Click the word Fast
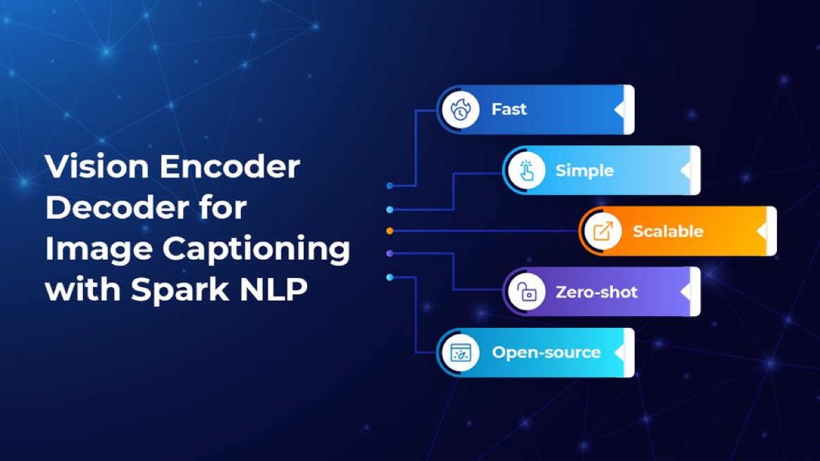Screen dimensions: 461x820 coord(509,110)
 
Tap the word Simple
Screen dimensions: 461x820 coord(584,171)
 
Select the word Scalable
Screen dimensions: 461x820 coord(667,232)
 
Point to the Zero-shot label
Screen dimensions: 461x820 coord(596,292)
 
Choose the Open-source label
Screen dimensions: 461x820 coord(546,353)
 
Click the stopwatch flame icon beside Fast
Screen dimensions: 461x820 coord(459,110)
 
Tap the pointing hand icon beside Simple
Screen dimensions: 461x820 coord(525,171)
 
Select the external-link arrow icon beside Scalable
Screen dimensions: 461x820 coord(602,232)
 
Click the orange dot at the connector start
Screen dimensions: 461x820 coord(390,231)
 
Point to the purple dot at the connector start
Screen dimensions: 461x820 coord(390,253)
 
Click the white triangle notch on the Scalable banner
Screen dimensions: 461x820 coord(762,232)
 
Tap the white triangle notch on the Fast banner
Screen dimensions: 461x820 coord(619,110)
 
